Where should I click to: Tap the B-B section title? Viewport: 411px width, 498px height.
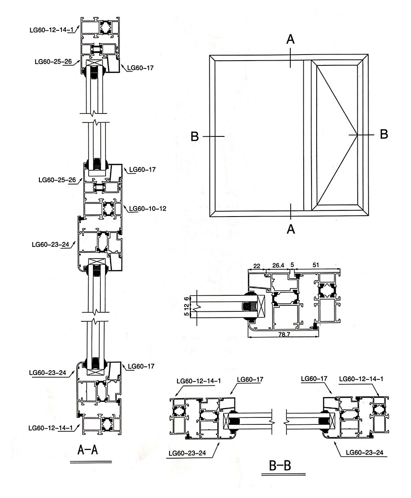pyautogui.click(x=279, y=466)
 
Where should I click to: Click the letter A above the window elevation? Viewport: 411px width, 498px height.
pyautogui.click(x=291, y=39)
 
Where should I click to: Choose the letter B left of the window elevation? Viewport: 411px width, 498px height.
pyautogui.click(x=195, y=137)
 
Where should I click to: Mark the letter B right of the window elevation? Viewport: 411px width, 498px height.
pyautogui.click(x=384, y=134)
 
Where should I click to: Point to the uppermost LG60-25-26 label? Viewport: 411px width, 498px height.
pyautogui.click(x=53, y=61)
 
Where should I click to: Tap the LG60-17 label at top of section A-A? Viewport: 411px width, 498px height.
pyautogui.click(x=141, y=68)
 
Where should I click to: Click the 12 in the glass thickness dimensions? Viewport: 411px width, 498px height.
pyautogui.click(x=187, y=306)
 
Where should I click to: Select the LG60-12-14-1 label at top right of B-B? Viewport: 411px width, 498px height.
pyautogui.click(x=362, y=379)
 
